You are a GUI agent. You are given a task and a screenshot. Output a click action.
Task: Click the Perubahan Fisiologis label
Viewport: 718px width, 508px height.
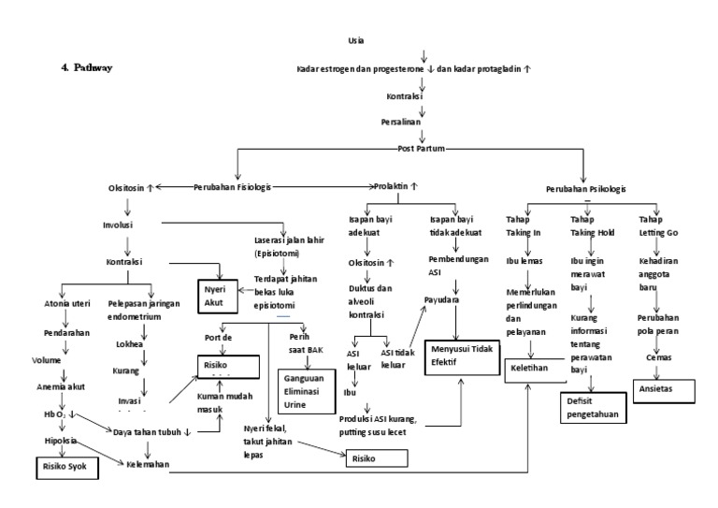(x=231, y=187)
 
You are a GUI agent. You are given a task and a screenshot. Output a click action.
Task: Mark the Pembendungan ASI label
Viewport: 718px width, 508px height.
(x=455, y=266)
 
